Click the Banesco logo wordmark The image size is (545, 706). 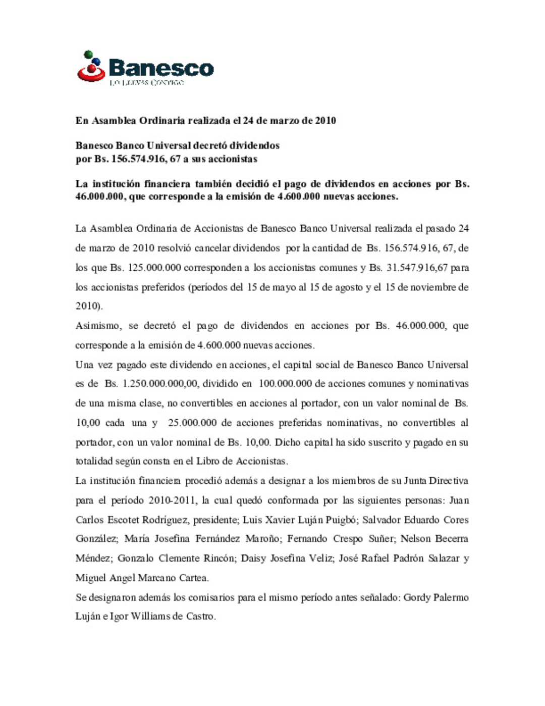coord(161,68)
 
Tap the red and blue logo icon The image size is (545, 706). coord(91,67)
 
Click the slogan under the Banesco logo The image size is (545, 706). coord(146,82)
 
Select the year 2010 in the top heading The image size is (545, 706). coord(325,121)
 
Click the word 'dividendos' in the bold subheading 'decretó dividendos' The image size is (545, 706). coord(254,145)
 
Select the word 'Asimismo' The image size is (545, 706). coord(98,326)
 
